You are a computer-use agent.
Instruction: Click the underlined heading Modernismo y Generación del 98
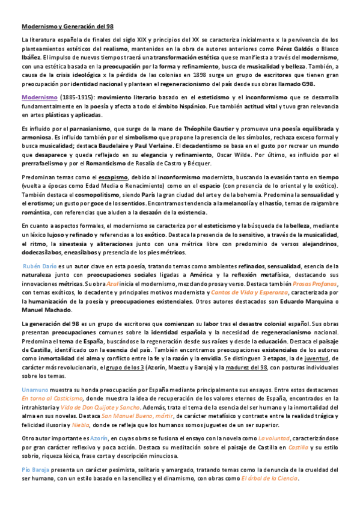click(67, 26)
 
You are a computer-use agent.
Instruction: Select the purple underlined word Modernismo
click(40, 97)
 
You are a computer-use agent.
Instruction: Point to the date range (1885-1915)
click(77, 97)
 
